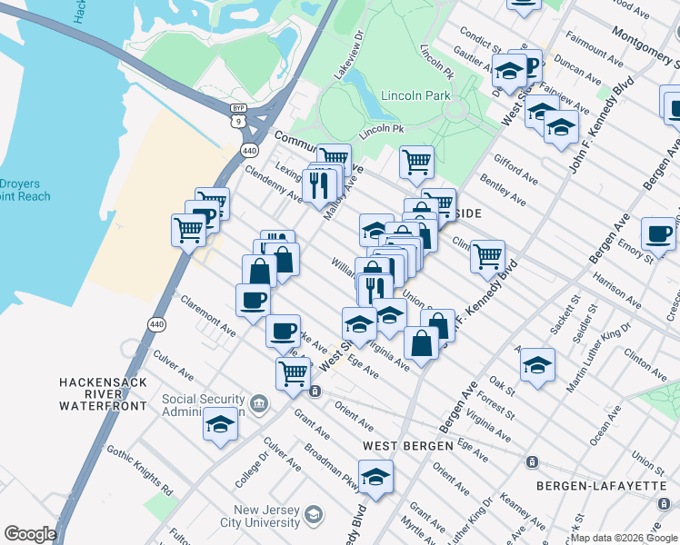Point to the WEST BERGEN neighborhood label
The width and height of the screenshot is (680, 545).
pyautogui.click(x=407, y=446)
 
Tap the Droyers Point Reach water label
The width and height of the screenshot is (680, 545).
pyautogui.click(x=25, y=190)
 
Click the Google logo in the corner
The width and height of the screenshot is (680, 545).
pyautogui.click(x=29, y=534)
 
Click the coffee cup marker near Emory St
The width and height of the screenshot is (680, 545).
pyautogui.click(x=658, y=233)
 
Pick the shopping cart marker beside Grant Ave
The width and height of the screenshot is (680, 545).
pyautogui.click(x=293, y=372)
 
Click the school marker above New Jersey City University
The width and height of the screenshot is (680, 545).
pyautogui.click(x=375, y=475)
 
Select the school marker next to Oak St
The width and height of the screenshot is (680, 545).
pyautogui.click(x=537, y=364)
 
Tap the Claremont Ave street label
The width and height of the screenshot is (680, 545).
pyautogui.click(x=208, y=315)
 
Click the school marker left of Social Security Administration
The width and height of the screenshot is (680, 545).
pyautogui.click(x=220, y=424)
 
